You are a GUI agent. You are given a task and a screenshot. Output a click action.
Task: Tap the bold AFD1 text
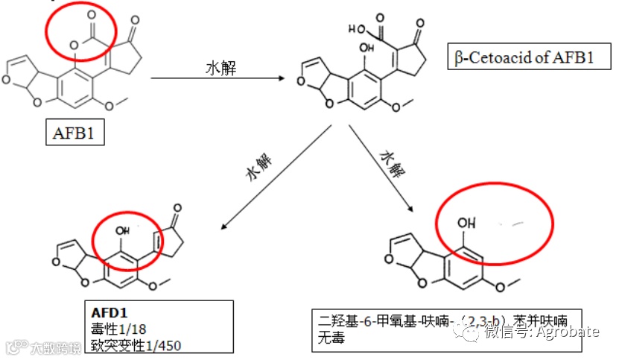pos(109,310)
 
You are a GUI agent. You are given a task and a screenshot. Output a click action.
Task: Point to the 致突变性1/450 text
pos(136,344)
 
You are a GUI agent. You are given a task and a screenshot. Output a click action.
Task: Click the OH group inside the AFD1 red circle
pos(122,231)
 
